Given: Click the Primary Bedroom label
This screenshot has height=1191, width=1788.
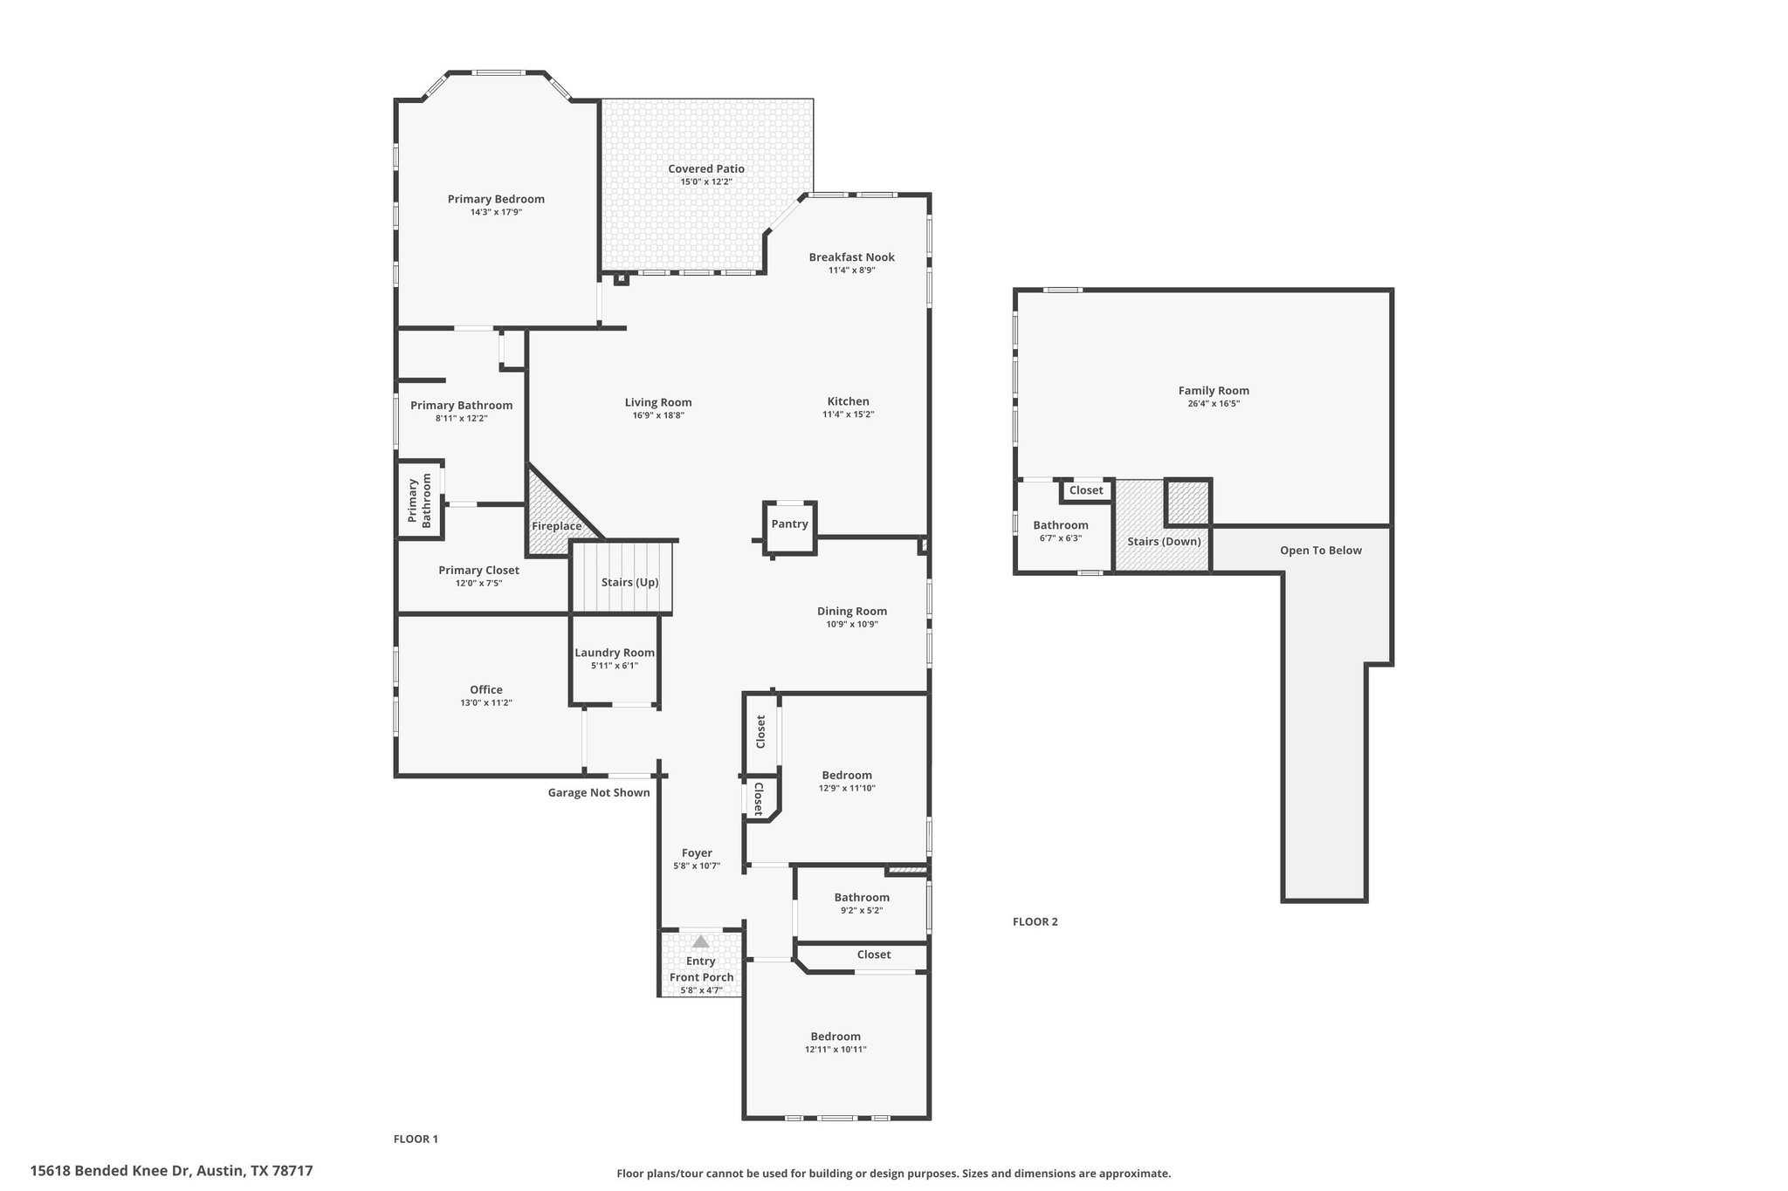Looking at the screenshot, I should coord(496,199).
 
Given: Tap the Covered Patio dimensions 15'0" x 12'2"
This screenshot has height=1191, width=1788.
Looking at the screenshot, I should coord(705,181).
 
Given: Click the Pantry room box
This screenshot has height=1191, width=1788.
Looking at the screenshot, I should coord(789,524).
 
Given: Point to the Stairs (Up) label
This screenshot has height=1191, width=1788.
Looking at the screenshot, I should coord(629,582).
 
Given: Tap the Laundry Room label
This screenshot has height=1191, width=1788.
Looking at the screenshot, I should coord(614,653).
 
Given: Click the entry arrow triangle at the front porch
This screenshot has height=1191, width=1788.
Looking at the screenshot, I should coord(700,941).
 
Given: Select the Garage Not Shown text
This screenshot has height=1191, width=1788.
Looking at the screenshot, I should coord(599,792).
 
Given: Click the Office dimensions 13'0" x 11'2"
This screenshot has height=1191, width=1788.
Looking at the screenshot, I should coord(485,702).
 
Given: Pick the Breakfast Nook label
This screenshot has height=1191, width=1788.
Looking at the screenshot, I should coord(851,257).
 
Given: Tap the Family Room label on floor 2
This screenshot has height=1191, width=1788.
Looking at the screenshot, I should coord(1214,391).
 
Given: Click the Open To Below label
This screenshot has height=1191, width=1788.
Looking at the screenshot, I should coord(1320,551).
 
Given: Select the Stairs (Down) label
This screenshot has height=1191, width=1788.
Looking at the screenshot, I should coord(1164,541).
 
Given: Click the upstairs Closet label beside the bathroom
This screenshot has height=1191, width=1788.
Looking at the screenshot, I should coord(1086,490).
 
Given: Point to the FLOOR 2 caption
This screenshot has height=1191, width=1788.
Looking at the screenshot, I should coord(1035,921).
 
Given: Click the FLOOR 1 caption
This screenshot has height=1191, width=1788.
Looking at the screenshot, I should coord(416,1139).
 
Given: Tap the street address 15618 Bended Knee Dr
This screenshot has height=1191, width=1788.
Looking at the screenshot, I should coord(171,1171).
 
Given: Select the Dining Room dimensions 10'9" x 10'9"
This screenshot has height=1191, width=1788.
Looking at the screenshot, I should coord(851,624).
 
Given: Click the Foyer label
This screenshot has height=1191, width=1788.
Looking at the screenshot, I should coord(697,853).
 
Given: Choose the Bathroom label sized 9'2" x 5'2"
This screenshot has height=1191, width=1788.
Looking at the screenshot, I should coord(861,897).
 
